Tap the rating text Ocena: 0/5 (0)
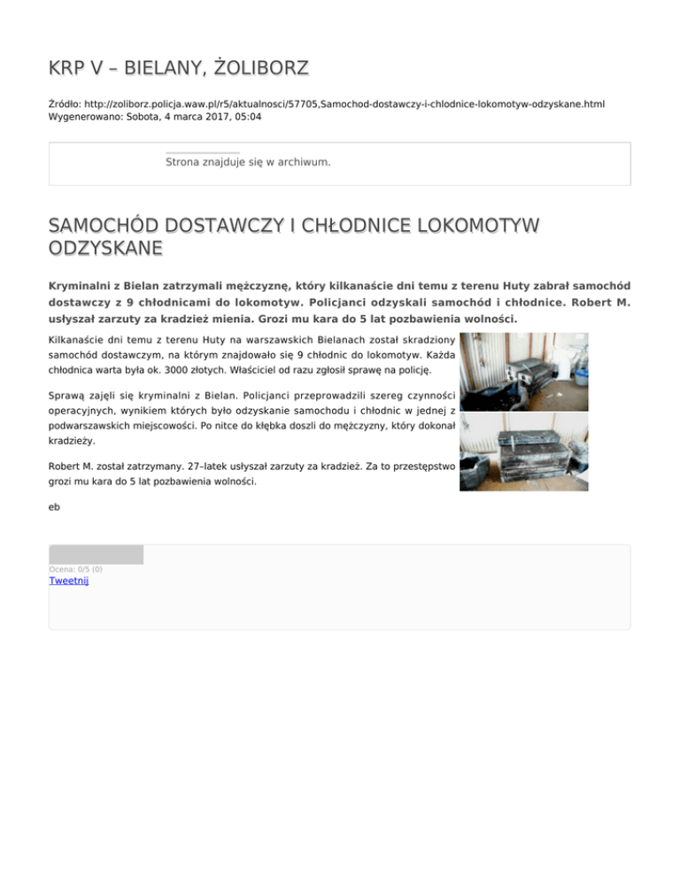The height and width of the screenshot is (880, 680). coord(75,568)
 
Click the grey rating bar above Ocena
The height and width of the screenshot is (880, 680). coord(96,555)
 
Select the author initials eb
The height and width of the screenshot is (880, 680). coord(54,507)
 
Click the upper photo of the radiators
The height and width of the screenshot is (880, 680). coord(523,372)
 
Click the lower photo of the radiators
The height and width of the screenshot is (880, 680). coord(523,452)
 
